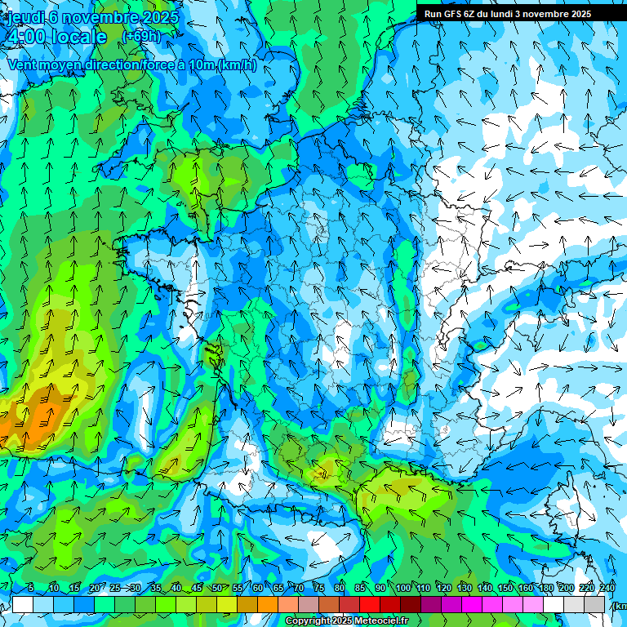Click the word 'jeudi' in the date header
click(24, 17)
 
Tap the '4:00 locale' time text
click(56, 37)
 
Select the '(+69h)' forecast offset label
click(141, 36)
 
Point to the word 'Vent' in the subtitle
click(24, 65)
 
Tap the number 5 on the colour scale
click(31, 588)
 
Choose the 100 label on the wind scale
click(402, 588)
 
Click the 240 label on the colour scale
click(607, 588)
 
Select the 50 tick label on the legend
click(217, 588)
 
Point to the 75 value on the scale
click(319, 588)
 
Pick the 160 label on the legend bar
click(526, 588)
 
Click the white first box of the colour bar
click(23, 604)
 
